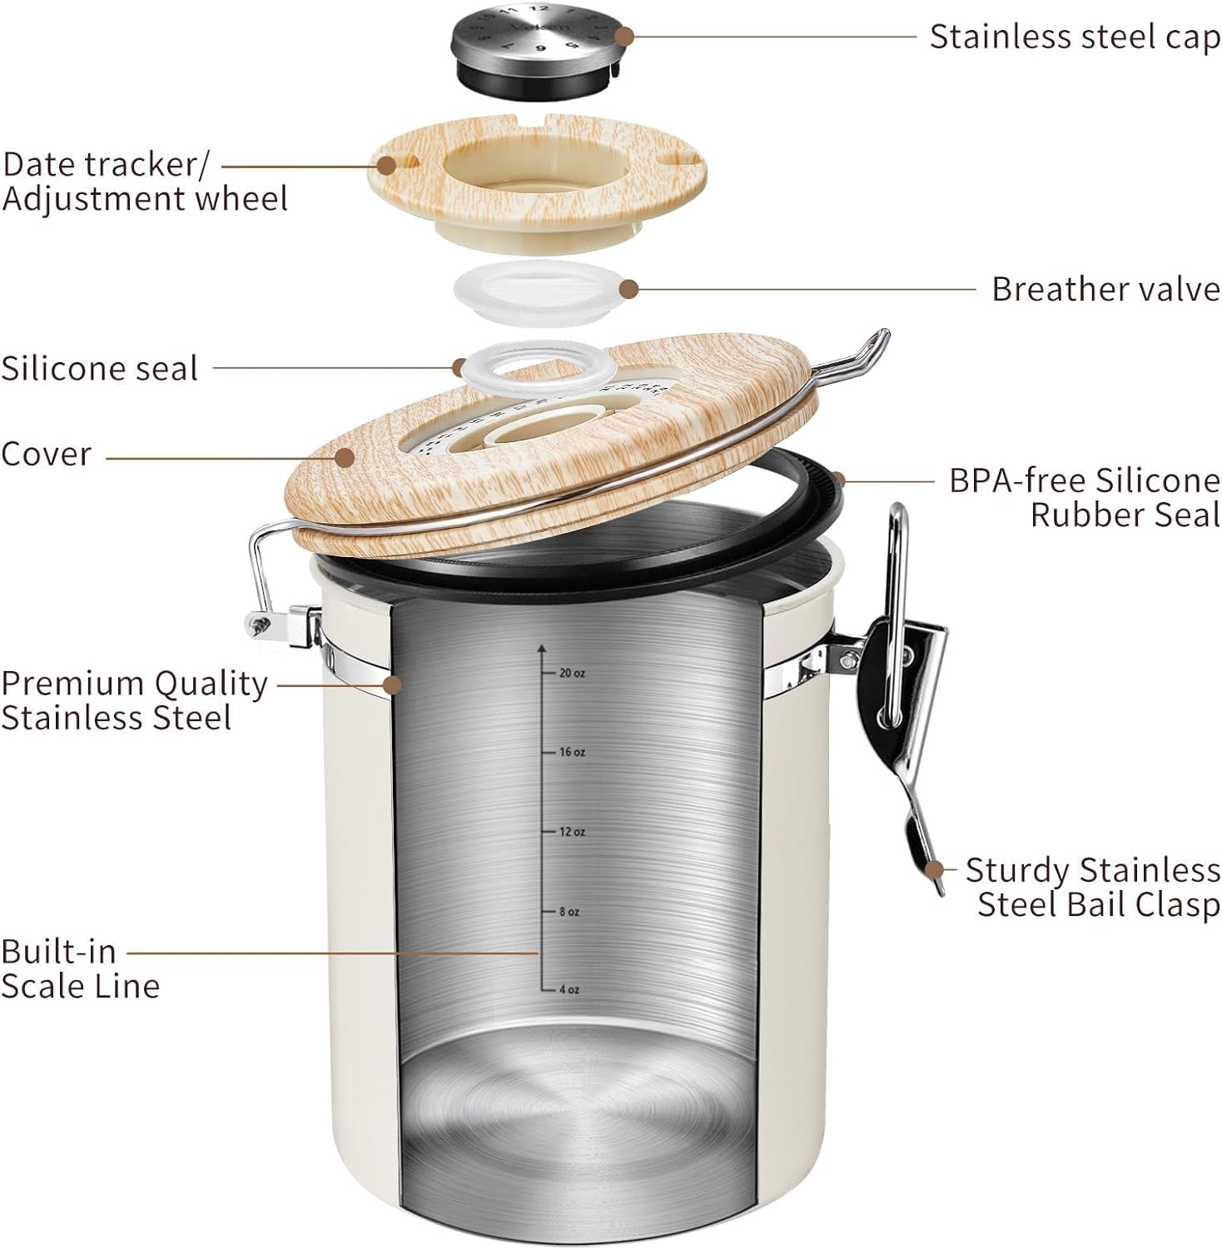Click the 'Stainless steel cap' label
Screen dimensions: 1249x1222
click(1074, 37)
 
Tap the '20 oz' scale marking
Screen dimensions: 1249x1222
click(571, 673)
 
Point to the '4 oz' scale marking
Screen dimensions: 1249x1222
click(569, 989)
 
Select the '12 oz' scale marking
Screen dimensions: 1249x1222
click(571, 832)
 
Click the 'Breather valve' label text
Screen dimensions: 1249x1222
click(1105, 290)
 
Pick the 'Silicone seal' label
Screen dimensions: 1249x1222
click(99, 369)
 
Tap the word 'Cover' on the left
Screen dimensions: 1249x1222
click(46, 455)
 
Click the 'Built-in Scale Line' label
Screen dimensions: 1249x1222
click(80, 968)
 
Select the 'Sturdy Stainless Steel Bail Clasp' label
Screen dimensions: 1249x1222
click(1092, 888)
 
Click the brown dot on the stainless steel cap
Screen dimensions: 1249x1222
click(625, 37)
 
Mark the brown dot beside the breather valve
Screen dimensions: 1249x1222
click(629, 289)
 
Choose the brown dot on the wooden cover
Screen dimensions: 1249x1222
click(345, 456)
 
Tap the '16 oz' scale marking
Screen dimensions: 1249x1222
click(571, 752)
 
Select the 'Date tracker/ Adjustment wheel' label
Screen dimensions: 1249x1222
click(145, 182)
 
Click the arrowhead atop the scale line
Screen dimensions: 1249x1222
click(542, 647)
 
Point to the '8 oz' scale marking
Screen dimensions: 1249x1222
click(569, 912)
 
